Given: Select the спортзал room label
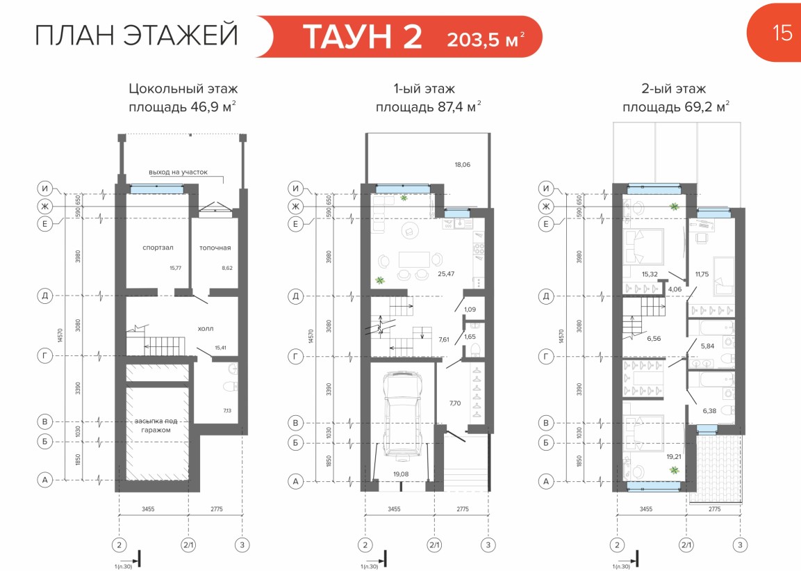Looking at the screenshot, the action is tap(158, 248).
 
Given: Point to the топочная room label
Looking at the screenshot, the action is tap(215, 248).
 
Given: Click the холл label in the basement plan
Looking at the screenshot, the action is tap(206, 329).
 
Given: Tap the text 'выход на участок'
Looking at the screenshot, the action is tap(179, 172).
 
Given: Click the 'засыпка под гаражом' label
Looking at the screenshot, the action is tap(156, 426).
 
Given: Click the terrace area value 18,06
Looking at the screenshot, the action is tap(462, 165).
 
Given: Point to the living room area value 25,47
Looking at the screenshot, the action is tap(446, 274).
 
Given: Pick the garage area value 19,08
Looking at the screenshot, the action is tap(401, 474).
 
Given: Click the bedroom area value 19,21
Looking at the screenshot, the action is tap(675, 457).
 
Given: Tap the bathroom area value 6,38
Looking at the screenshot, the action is tap(709, 411).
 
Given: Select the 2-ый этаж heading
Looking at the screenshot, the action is tap(674, 89).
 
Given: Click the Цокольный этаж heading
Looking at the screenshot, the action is tap(183, 89).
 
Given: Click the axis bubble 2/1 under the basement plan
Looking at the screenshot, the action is tap(188, 545).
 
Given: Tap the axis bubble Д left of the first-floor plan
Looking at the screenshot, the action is tap(296, 296).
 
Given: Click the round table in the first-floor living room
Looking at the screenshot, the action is tap(410, 231).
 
